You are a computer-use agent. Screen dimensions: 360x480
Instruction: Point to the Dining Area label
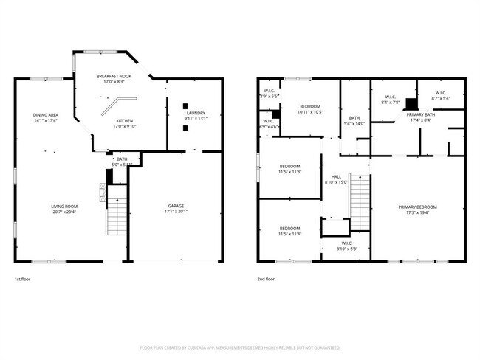[46, 114]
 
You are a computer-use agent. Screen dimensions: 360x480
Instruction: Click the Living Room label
[64, 206]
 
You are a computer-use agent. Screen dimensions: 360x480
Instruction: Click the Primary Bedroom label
[417, 207]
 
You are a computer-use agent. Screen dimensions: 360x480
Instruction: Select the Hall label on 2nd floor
[336, 176]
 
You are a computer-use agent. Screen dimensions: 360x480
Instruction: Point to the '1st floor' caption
[23, 280]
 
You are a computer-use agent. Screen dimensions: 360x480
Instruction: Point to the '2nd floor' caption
[265, 280]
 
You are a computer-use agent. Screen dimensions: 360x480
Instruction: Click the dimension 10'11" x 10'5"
[309, 112]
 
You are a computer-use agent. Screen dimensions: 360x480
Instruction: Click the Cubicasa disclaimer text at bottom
[240, 347]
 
